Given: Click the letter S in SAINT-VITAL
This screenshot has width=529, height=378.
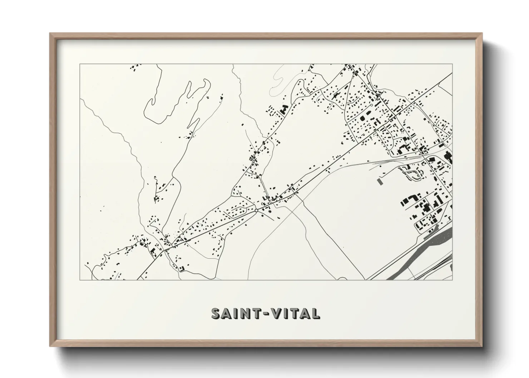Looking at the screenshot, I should tap(216, 313).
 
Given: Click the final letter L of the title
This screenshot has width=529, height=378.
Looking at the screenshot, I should tap(315, 313).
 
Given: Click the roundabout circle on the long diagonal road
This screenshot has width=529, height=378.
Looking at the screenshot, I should tap(256, 210).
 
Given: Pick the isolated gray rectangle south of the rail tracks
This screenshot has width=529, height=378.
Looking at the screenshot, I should tap(379, 181).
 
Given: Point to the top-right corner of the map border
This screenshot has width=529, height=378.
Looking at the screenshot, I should tap(452, 64).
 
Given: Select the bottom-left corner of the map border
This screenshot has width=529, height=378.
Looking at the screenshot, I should tap(80, 280).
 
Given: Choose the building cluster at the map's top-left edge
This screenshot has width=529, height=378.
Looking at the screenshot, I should tap(135, 67).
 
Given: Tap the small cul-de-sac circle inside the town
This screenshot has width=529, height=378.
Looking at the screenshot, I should tap(371, 105).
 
